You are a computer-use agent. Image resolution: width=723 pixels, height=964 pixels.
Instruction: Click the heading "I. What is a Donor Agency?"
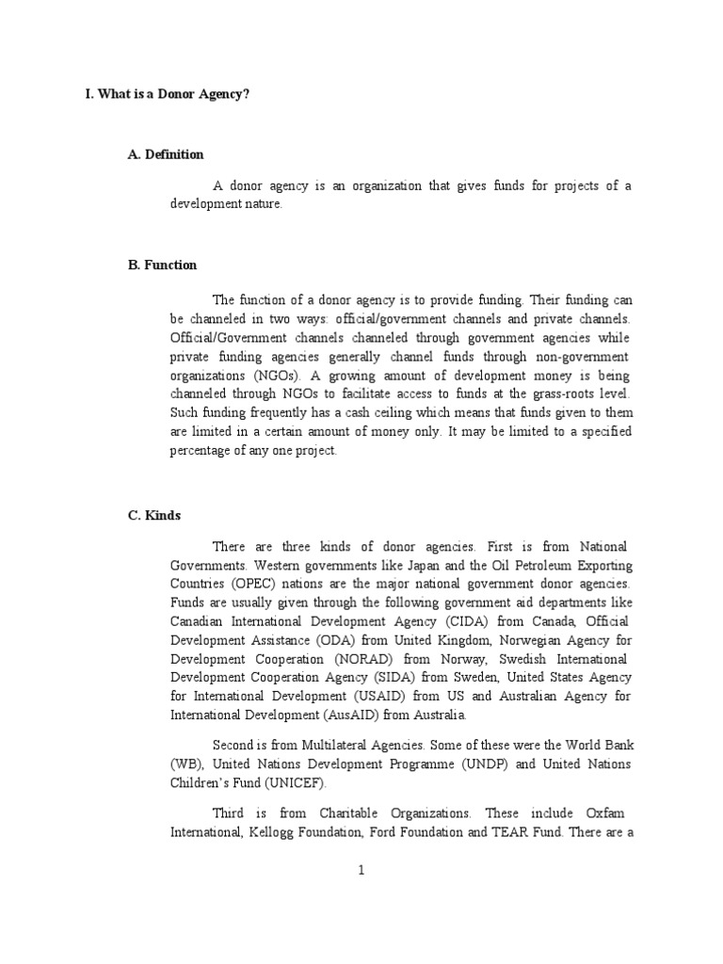tap(168, 96)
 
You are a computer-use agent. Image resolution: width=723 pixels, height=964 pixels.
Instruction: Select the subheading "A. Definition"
tap(166, 154)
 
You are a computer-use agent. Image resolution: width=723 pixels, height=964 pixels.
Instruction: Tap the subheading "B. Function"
tap(162, 265)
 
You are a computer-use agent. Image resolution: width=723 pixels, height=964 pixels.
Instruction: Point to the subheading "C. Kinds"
tap(154, 516)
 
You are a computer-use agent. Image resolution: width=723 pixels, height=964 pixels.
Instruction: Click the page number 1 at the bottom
tap(361, 871)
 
